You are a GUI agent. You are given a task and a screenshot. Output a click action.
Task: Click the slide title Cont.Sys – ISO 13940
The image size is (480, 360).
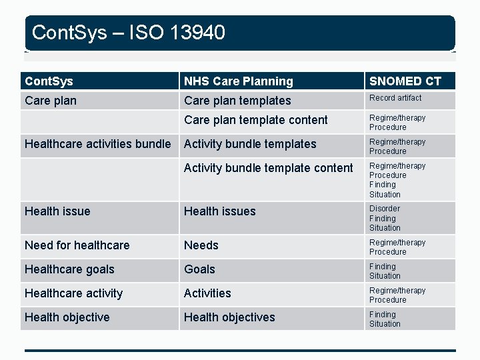(129, 32)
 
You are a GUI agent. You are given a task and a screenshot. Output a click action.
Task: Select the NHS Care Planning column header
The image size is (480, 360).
(238, 81)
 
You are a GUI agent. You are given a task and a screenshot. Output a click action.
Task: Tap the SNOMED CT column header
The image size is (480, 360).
(405, 81)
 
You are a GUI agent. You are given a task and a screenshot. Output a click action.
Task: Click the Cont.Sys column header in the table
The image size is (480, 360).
(49, 81)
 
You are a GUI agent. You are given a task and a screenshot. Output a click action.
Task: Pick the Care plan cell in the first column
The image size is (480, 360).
(50, 101)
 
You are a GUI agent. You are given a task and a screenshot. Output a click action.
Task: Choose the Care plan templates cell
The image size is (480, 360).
(237, 101)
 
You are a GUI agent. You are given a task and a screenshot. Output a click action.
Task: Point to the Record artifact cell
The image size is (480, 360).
(395, 98)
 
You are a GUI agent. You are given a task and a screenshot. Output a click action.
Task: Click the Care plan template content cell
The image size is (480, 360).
(255, 120)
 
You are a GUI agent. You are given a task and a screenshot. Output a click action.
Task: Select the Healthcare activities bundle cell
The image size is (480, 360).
(97, 144)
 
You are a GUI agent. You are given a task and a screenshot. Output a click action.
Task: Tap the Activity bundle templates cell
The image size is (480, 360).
(250, 144)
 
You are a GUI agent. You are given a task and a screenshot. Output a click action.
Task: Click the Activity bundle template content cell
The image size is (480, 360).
(268, 168)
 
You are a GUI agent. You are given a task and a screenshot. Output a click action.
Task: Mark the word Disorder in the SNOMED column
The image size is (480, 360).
(385, 209)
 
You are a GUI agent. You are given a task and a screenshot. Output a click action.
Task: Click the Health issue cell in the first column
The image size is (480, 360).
(57, 211)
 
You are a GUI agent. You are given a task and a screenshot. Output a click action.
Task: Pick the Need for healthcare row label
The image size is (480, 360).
(77, 245)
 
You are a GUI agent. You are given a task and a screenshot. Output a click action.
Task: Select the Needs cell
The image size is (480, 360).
(201, 245)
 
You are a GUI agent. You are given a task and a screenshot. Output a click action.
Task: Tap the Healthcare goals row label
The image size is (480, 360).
(69, 269)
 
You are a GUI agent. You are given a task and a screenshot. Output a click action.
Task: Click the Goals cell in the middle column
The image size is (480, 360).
(199, 269)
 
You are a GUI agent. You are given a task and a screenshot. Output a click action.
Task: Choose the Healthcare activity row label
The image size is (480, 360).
(73, 293)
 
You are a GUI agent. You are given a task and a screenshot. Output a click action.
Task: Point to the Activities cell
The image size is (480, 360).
(207, 293)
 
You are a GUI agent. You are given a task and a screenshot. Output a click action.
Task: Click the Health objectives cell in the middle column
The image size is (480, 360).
(229, 317)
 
